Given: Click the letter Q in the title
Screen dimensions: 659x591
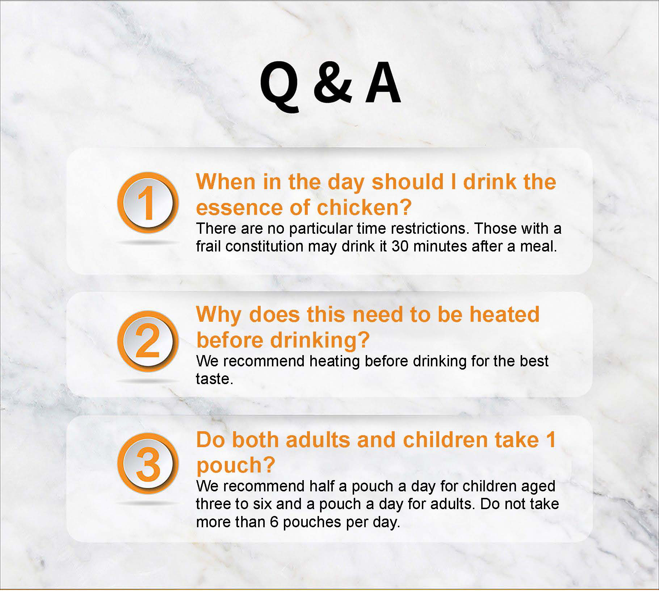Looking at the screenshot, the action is [x=280, y=87].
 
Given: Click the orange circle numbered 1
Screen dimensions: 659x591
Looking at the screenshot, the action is [x=148, y=202].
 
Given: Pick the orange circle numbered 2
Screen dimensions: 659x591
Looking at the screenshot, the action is [x=148, y=341].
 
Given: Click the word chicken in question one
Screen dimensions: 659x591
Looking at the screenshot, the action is [x=364, y=207].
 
